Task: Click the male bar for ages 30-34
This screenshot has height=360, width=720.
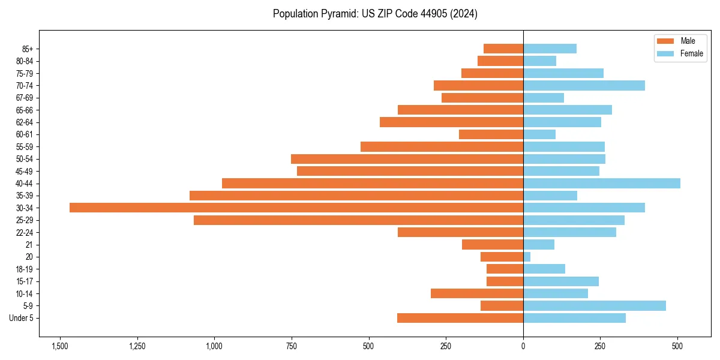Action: click(x=296, y=208)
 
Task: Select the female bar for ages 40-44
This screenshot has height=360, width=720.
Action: click(x=602, y=183)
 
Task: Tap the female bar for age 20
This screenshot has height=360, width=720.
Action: click(x=527, y=257)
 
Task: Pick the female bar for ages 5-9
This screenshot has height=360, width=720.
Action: click(x=595, y=305)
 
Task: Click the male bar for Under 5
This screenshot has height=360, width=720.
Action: click(x=460, y=318)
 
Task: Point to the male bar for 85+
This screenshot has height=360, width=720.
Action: click(x=503, y=49)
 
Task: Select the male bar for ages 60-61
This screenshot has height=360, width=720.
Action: click(x=491, y=134)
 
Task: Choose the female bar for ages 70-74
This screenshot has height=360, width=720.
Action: click(x=584, y=85)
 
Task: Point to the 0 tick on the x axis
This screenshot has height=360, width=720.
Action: click(x=523, y=346)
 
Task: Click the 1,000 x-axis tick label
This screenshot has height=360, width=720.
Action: click(x=214, y=346)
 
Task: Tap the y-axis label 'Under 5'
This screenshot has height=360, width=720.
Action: click(x=21, y=318)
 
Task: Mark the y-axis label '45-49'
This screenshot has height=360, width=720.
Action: click(x=24, y=171)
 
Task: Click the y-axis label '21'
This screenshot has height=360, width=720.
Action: click(x=29, y=245)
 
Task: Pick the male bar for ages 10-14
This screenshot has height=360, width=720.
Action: click(x=477, y=293)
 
